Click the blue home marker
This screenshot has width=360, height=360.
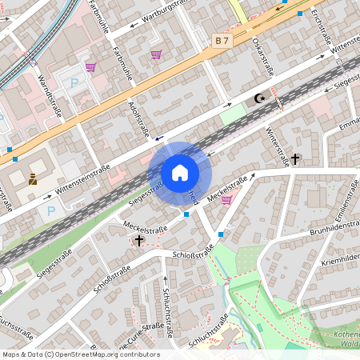click(x=180, y=173)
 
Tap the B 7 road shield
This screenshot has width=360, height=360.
click(x=222, y=39)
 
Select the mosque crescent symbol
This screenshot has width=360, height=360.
click(x=258, y=98)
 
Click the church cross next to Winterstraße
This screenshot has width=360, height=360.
click(x=295, y=159)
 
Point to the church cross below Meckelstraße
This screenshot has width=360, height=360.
click(x=139, y=239)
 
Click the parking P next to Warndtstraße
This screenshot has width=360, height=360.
click(x=75, y=83)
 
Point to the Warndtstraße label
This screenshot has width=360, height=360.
click(x=50, y=95)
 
